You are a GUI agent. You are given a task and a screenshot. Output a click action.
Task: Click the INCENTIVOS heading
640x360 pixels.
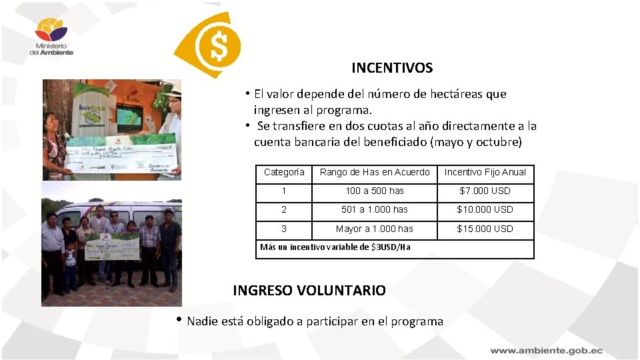[392, 68]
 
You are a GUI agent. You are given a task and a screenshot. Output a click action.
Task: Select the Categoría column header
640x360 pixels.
[284, 172]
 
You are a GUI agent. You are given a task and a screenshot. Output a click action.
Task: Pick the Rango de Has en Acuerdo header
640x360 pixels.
[375, 172]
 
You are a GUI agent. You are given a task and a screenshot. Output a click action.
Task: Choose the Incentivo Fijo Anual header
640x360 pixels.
[485, 172]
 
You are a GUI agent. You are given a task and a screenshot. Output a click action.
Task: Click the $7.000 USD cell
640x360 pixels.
[485, 191]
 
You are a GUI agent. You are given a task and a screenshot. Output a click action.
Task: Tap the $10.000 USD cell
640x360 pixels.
[485, 209]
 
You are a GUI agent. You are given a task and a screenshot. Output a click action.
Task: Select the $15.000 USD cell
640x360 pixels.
[485, 229]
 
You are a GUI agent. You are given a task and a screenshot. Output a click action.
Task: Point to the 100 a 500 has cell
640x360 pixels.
[375, 191]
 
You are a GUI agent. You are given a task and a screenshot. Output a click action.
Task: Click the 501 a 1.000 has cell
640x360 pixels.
[375, 209]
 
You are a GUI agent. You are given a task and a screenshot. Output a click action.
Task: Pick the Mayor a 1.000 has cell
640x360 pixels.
[375, 229]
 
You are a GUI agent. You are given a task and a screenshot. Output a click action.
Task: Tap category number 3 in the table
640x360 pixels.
[284, 229]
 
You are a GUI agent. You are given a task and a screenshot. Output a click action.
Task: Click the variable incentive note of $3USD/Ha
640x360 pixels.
[335, 247]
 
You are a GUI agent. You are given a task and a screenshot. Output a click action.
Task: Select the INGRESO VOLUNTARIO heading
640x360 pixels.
[309, 291]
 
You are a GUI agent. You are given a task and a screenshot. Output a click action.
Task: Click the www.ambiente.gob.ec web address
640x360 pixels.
[546, 350]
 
